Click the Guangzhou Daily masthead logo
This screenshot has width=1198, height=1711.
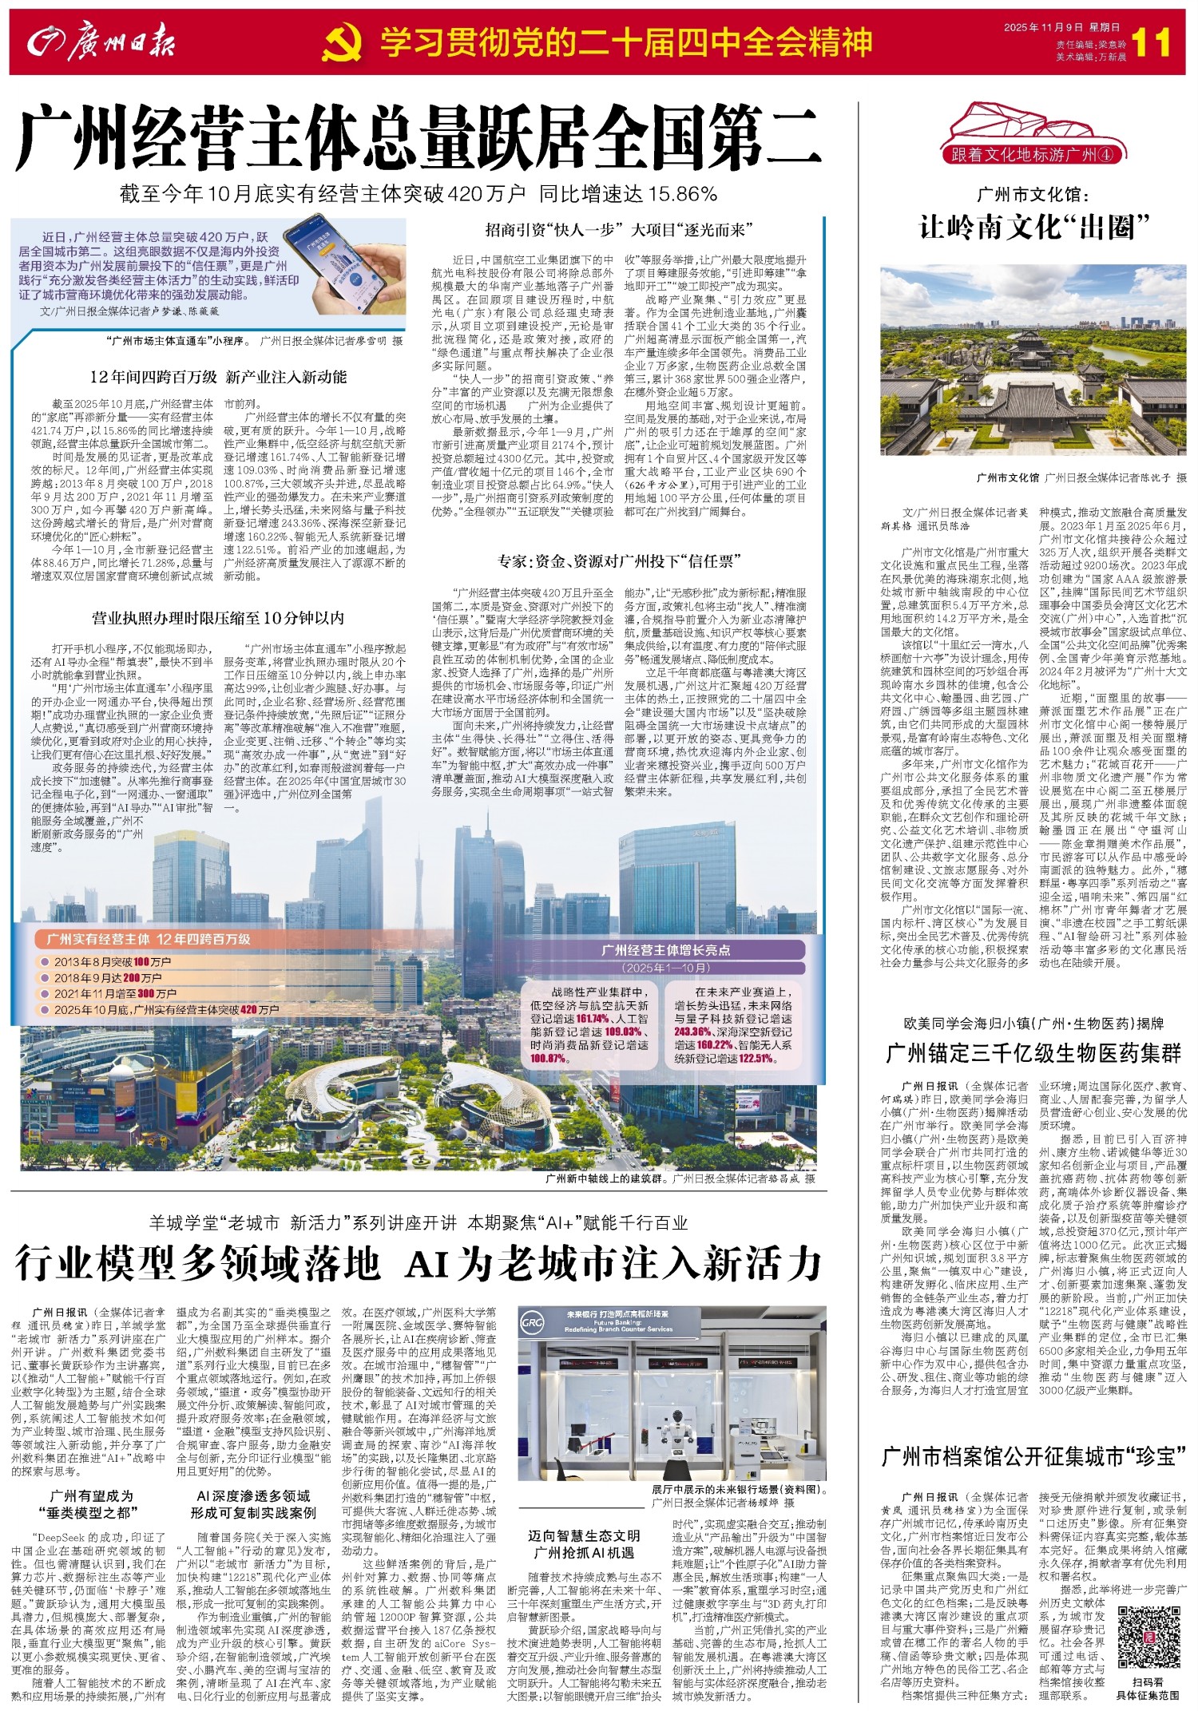click(x=101, y=42)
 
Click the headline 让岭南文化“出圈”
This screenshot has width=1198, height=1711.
click(x=1033, y=228)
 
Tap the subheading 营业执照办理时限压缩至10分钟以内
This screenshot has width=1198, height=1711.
click(x=218, y=617)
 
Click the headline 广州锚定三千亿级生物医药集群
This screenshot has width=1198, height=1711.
click(x=1033, y=1054)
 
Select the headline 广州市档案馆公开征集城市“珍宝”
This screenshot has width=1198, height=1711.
click(x=1033, y=1456)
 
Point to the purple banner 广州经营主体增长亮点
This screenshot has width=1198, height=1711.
click(x=665, y=950)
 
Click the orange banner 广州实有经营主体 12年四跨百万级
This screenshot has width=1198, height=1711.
click(x=149, y=939)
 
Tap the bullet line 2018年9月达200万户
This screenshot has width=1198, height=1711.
click(x=108, y=978)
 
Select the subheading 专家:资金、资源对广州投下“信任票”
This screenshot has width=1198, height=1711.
click(x=620, y=560)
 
